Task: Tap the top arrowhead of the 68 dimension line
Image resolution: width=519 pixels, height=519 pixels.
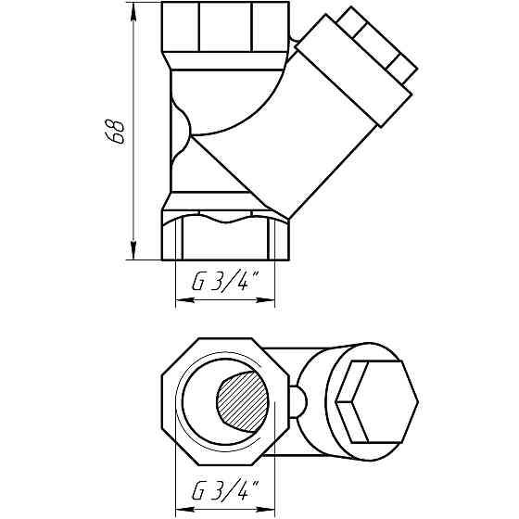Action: coord(134,9)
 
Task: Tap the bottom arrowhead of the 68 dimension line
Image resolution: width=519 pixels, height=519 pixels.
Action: coord(134,251)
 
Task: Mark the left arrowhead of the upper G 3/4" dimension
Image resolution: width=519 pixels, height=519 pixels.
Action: coord(180,300)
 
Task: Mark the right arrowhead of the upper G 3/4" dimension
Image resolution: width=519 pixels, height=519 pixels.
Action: coord(271,300)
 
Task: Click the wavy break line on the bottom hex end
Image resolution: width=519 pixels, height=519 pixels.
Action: coord(224,219)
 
